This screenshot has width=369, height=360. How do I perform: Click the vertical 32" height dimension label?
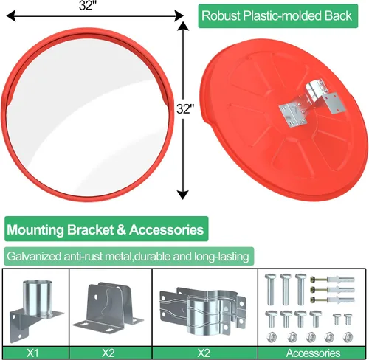(185, 109)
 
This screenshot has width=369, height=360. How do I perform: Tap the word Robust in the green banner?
(221, 15)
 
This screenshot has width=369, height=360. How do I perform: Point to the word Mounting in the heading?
(35, 230)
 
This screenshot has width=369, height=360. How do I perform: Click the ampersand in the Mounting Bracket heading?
(121, 230)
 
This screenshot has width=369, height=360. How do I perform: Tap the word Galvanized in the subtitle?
(34, 257)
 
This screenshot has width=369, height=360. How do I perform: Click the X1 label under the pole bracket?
(32, 353)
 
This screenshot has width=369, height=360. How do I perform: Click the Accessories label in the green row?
(313, 353)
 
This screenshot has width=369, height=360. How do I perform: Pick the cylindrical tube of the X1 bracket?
(38, 298)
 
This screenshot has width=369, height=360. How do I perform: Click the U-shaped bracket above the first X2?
(108, 307)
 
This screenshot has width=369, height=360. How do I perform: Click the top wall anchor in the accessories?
(332, 280)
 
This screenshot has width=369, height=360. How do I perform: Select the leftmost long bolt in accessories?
(270, 289)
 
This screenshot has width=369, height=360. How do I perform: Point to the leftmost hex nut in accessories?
(271, 337)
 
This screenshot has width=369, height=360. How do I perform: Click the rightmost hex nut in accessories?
(348, 337)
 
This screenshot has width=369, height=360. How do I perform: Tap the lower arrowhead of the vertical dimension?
(182, 195)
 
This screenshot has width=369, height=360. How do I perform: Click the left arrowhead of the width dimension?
(11, 16)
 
